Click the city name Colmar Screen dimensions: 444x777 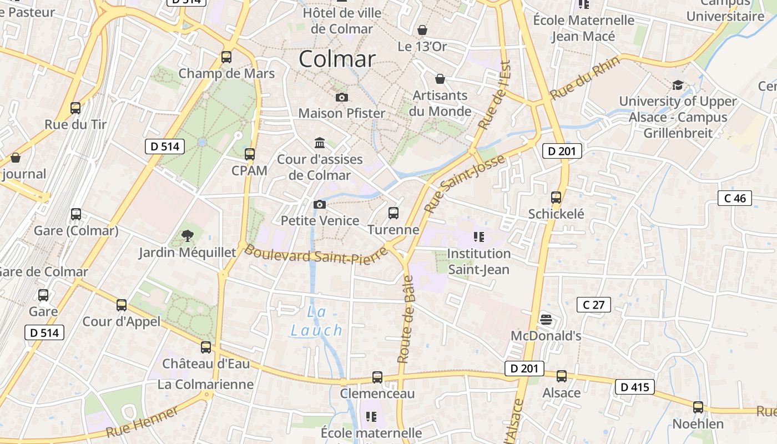click(x=337, y=59)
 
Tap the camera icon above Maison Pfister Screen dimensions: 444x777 click(x=342, y=98)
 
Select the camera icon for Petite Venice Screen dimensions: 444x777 click(x=319, y=204)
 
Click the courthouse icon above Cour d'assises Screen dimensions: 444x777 click(x=320, y=143)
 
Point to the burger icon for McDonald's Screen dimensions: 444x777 click(x=546, y=319)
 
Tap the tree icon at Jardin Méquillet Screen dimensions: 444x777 click(x=188, y=236)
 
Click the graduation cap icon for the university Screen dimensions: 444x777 click(x=678, y=85)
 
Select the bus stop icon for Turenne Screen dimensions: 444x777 click(x=393, y=213)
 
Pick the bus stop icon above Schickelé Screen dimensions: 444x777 click(x=556, y=197)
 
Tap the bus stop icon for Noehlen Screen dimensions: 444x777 click(x=698, y=407)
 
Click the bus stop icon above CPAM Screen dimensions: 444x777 click(x=250, y=154)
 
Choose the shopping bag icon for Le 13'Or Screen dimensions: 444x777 click(x=422, y=29)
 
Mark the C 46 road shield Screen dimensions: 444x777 click(x=735, y=198)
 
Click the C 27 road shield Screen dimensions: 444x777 click(x=593, y=304)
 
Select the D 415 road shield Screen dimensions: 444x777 click(x=634, y=387)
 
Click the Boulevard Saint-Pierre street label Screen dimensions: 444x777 click(x=315, y=255)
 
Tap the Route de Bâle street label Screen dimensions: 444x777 click(x=406, y=319)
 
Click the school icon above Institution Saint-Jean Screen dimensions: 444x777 click(x=479, y=237)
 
